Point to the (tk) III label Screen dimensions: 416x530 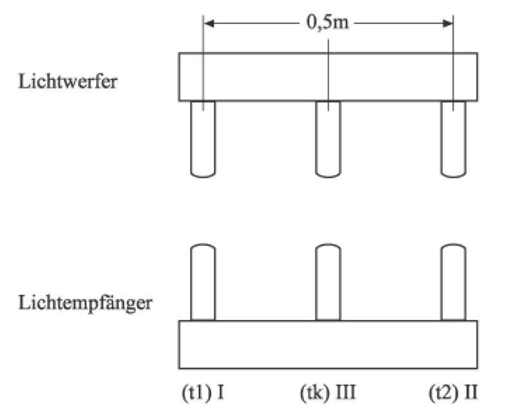(x=328, y=391)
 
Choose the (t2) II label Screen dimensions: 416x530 (x=453, y=391)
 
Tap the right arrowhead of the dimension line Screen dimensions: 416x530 (x=447, y=24)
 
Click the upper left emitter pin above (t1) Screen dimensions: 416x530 (x=203, y=138)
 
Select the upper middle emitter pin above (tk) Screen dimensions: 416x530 (x=328, y=138)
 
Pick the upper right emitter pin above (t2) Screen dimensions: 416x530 (x=453, y=138)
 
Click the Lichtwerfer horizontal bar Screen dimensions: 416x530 (x=271, y=77)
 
